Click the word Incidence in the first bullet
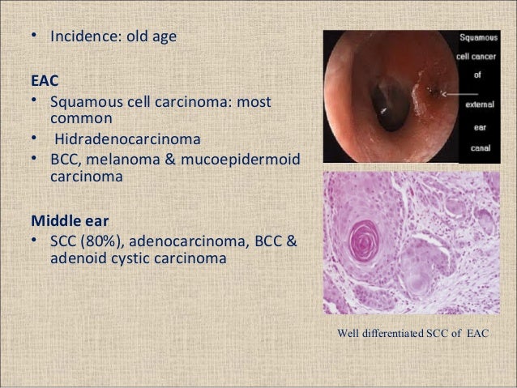(83, 37)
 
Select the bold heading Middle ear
(68, 220)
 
